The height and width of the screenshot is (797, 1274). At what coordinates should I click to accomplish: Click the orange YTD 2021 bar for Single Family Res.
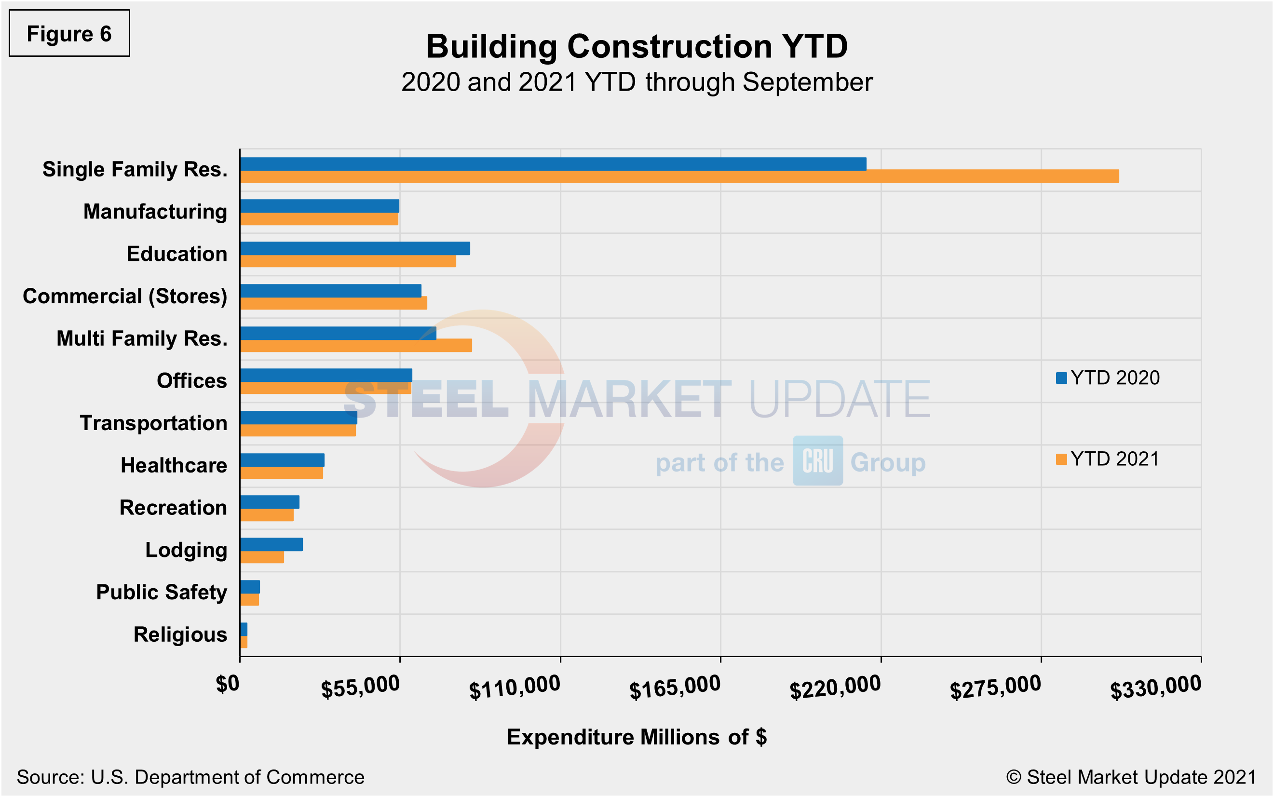pyautogui.click(x=679, y=176)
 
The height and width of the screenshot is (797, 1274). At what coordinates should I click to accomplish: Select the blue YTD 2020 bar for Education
pyautogui.click(x=355, y=248)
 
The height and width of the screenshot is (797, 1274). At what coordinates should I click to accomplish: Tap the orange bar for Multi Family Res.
pyautogui.click(x=356, y=346)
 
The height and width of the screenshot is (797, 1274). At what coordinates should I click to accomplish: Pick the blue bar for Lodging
pyautogui.click(x=271, y=544)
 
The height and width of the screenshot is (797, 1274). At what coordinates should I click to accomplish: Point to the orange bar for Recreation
pyautogui.click(x=267, y=515)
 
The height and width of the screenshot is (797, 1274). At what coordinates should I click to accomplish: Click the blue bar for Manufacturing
pyautogui.click(x=319, y=206)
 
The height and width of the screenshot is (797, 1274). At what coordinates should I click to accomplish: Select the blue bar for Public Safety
pyautogui.click(x=250, y=587)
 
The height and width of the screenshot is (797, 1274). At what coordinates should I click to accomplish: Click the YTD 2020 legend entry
pyautogui.click(x=1108, y=378)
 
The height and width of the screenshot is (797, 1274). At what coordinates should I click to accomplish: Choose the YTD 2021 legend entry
pyautogui.click(x=1108, y=459)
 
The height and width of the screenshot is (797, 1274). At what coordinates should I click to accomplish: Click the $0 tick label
pyautogui.click(x=228, y=684)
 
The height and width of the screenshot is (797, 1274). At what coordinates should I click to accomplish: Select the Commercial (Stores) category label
pyautogui.click(x=125, y=296)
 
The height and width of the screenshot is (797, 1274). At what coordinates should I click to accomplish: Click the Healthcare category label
pyautogui.click(x=174, y=465)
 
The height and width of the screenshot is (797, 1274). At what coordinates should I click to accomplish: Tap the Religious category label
pyautogui.click(x=180, y=635)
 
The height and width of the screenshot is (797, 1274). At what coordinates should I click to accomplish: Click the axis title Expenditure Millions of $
pyautogui.click(x=637, y=737)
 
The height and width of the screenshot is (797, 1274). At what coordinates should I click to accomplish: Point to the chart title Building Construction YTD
pyautogui.click(x=637, y=46)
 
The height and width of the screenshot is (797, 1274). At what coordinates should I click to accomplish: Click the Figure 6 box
pyautogui.click(x=69, y=34)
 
